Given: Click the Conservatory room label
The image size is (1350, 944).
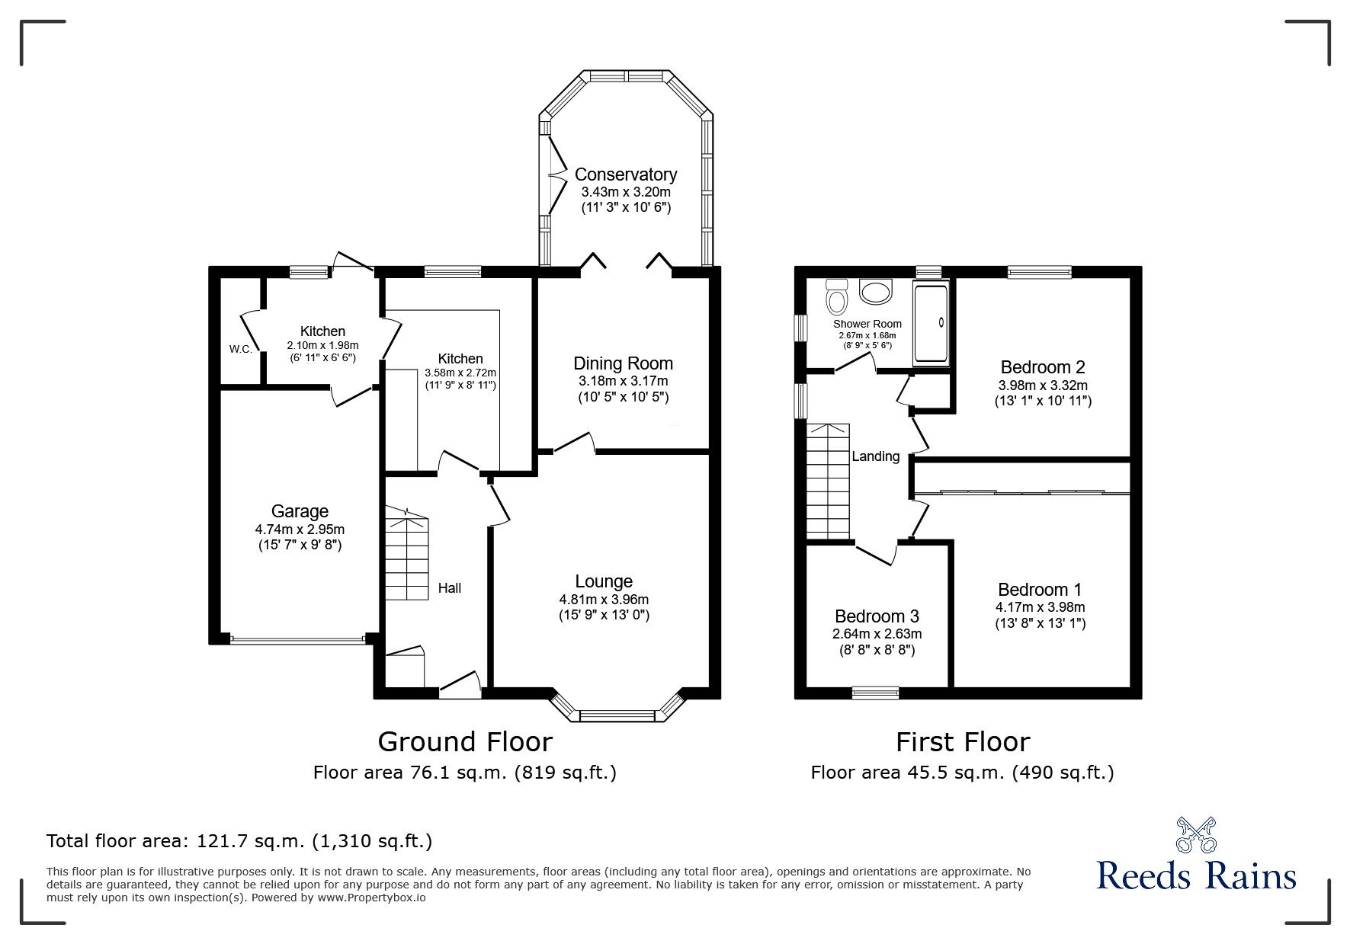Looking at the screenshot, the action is point(625,174).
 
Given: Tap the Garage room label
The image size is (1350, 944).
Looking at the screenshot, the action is point(300,511).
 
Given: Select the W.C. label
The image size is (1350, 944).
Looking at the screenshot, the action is point(241,349).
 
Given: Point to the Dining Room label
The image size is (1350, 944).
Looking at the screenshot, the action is point(623,363).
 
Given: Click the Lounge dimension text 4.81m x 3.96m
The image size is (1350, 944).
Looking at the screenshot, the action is point(604,600).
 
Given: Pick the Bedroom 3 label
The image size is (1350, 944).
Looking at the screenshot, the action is point(877,616).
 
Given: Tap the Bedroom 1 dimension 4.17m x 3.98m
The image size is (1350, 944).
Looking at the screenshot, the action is point(1040,607).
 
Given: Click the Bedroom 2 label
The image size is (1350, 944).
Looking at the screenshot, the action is point(1043,366).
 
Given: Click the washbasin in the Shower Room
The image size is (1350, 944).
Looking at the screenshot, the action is point(877,290).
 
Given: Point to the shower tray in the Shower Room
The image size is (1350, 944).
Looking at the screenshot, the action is point(931,324).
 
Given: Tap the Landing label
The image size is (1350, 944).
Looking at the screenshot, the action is point(875,456).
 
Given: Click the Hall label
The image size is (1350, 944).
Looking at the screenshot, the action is point(449,587).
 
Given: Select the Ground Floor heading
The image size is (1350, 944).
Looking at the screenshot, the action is point(465,741).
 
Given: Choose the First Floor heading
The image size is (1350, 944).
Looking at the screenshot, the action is point(963,741).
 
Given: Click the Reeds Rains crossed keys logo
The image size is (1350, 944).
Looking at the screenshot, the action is point(1196,835).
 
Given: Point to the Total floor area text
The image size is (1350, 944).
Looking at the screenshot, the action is point(239,841).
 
